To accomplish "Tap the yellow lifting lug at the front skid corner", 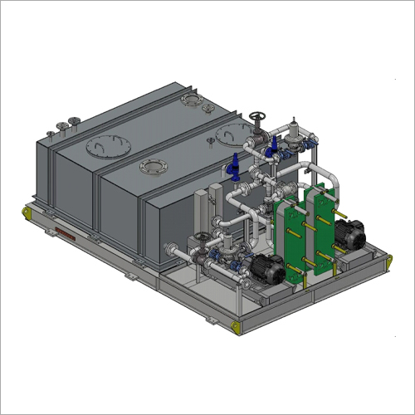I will point(240,326).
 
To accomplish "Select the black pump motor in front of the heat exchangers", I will point(270,267).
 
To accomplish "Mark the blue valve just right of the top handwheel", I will point(274,148).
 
